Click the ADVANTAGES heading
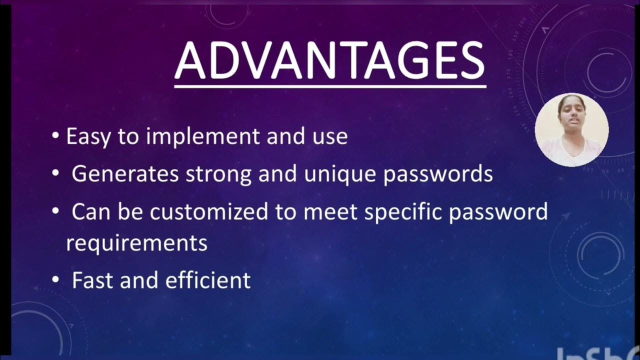[330, 61]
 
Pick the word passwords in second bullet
[438, 174]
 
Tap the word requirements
[136, 243]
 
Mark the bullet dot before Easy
[55, 136]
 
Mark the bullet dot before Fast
[55, 280]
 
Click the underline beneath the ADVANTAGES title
[330, 86]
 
